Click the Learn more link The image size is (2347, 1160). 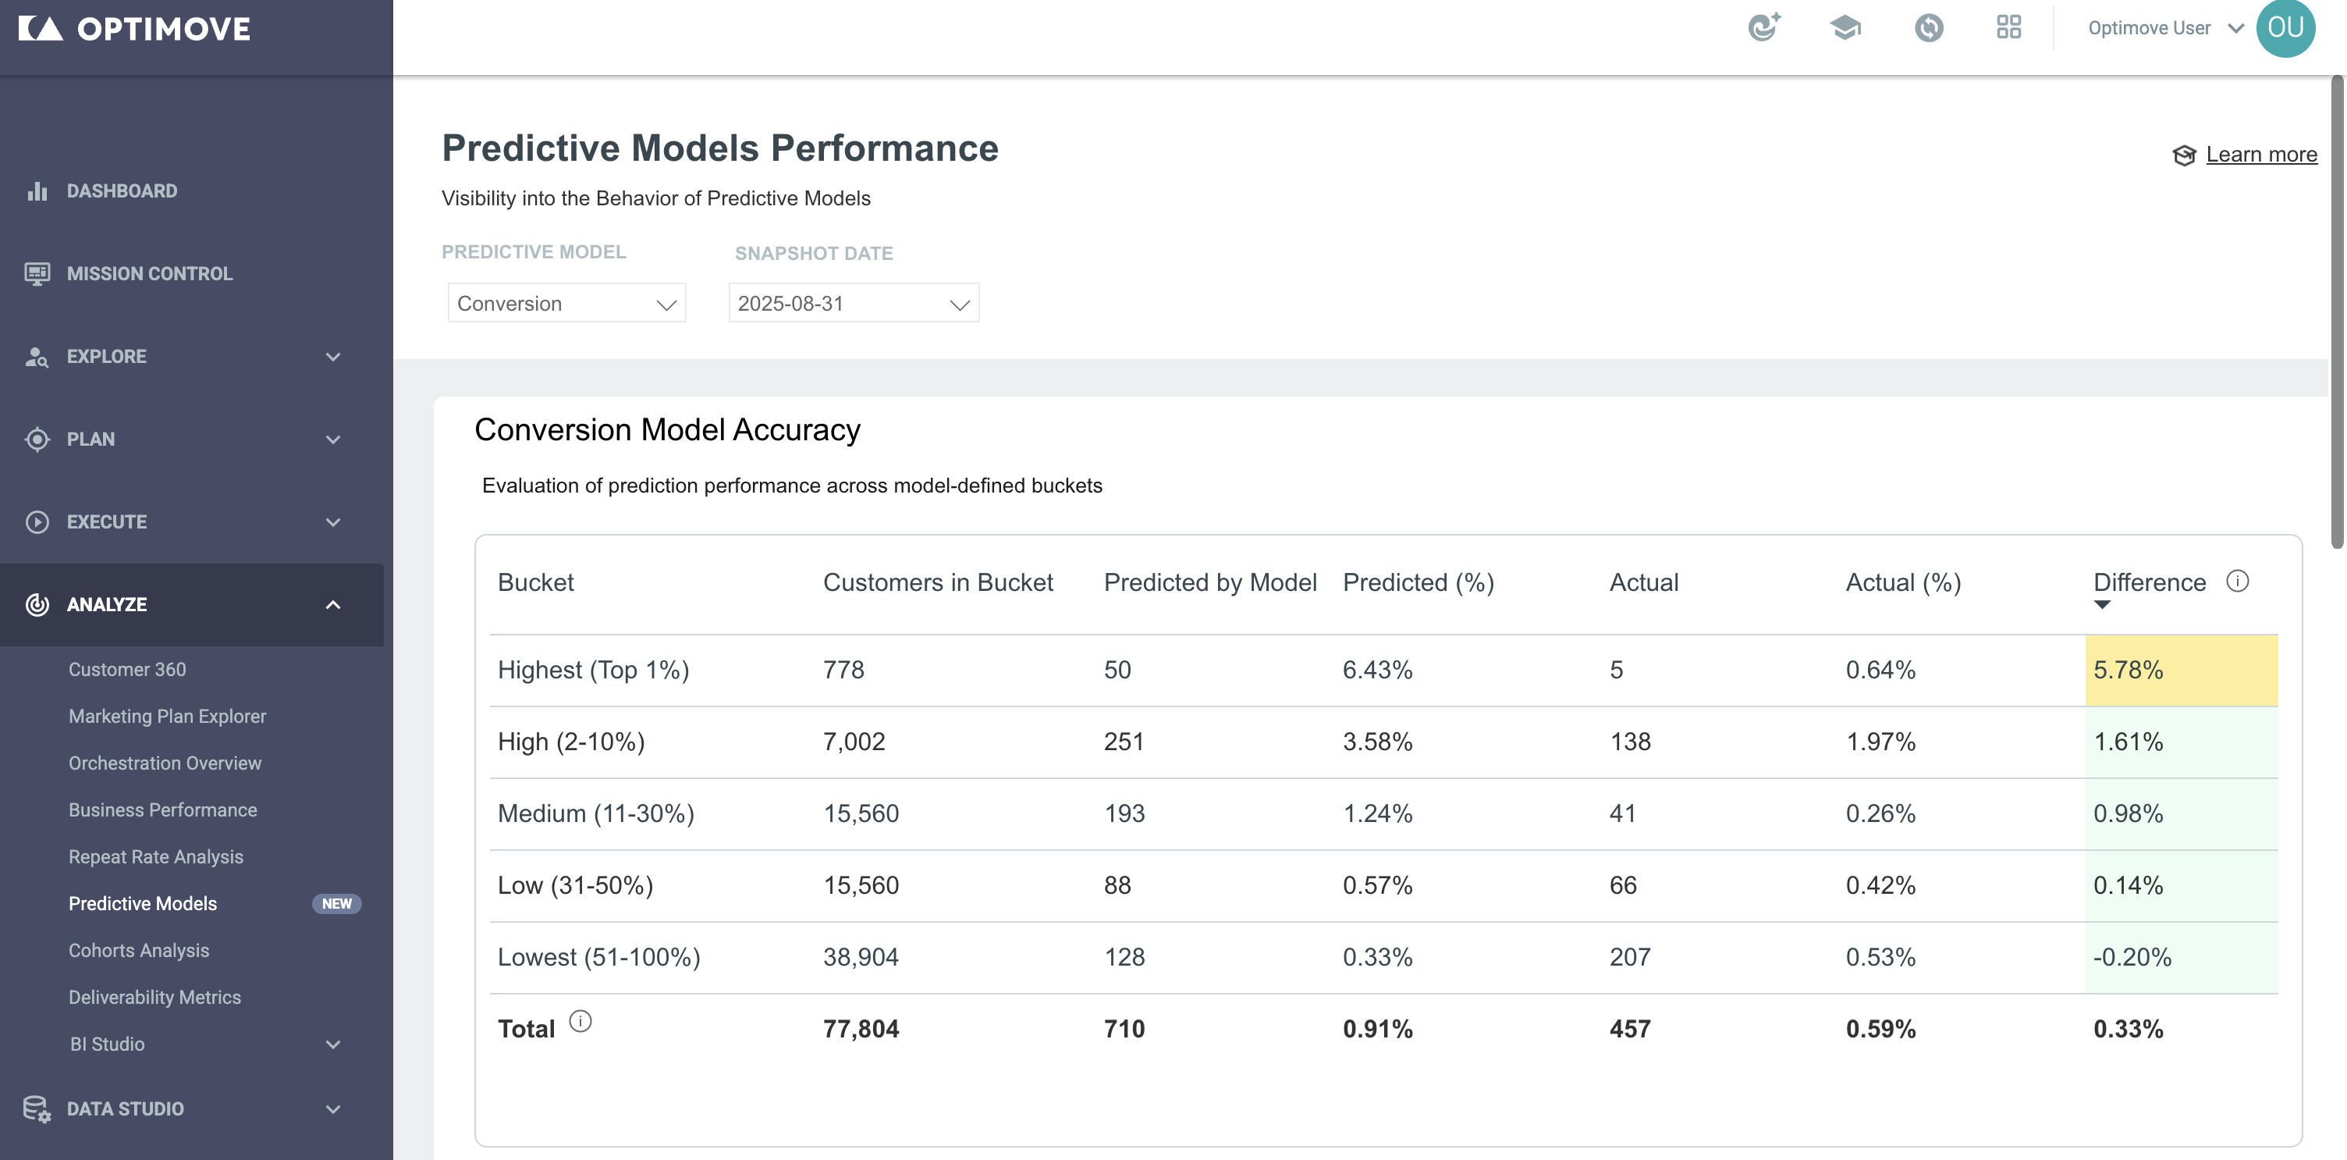[x=2260, y=155]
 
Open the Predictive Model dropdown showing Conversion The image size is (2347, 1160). [x=566, y=303]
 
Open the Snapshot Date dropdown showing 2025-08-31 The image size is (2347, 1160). [x=854, y=303]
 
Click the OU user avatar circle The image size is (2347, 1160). [x=2285, y=28]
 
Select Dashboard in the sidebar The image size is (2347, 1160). [x=122, y=190]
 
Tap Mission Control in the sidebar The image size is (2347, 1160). [x=150, y=273]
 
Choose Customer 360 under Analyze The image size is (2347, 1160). [x=127, y=669]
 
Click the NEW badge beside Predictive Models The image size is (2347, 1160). [x=337, y=903]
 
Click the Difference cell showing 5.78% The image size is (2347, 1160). [x=2181, y=670]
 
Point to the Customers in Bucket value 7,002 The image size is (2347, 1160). [x=854, y=742]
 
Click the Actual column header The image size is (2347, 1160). [x=1644, y=582]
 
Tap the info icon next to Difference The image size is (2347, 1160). [x=2238, y=582]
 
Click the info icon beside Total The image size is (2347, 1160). [x=581, y=1022]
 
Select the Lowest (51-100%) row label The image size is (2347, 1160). [x=598, y=957]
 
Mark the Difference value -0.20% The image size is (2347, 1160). [x=2132, y=957]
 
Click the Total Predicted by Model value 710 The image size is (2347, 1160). [x=1124, y=1029]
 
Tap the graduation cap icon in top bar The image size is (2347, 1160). [x=1845, y=28]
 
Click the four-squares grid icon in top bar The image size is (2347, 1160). [x=2008, y=28]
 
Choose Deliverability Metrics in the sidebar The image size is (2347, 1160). [x=155, y=997]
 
